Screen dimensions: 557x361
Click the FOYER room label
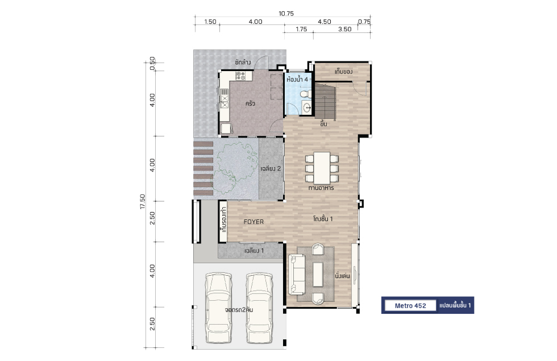click(x=253, y=222)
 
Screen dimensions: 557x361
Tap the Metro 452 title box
click(x=410, y=306)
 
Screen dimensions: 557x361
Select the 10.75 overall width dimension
click(x=286, y=14)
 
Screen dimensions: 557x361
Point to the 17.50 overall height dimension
click(x=143, y=201)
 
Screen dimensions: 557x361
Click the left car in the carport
click(x=218, y=308)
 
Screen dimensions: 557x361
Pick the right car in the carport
click(x=260, y=308)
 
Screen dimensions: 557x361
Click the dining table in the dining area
click(x=322, y=168)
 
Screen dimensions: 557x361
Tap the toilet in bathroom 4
click(x=305, y=94)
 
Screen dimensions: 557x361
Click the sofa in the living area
click(x=297, y=274)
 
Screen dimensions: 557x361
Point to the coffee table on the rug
click(x=318, y=274)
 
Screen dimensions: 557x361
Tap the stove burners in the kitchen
click(x=240, y=75)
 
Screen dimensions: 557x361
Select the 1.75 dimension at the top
click(x=301, y=29)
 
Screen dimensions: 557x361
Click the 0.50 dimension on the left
click(x=152, y=64)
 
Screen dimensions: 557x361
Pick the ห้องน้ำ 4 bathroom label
click(x=297, y=79)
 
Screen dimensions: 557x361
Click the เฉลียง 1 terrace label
click(x=254, y=251)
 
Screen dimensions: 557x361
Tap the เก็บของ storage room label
click(x=343, y=72)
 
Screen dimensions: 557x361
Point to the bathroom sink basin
click(x=307, y=107)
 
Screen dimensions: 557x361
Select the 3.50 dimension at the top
click(x=344, y=29)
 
